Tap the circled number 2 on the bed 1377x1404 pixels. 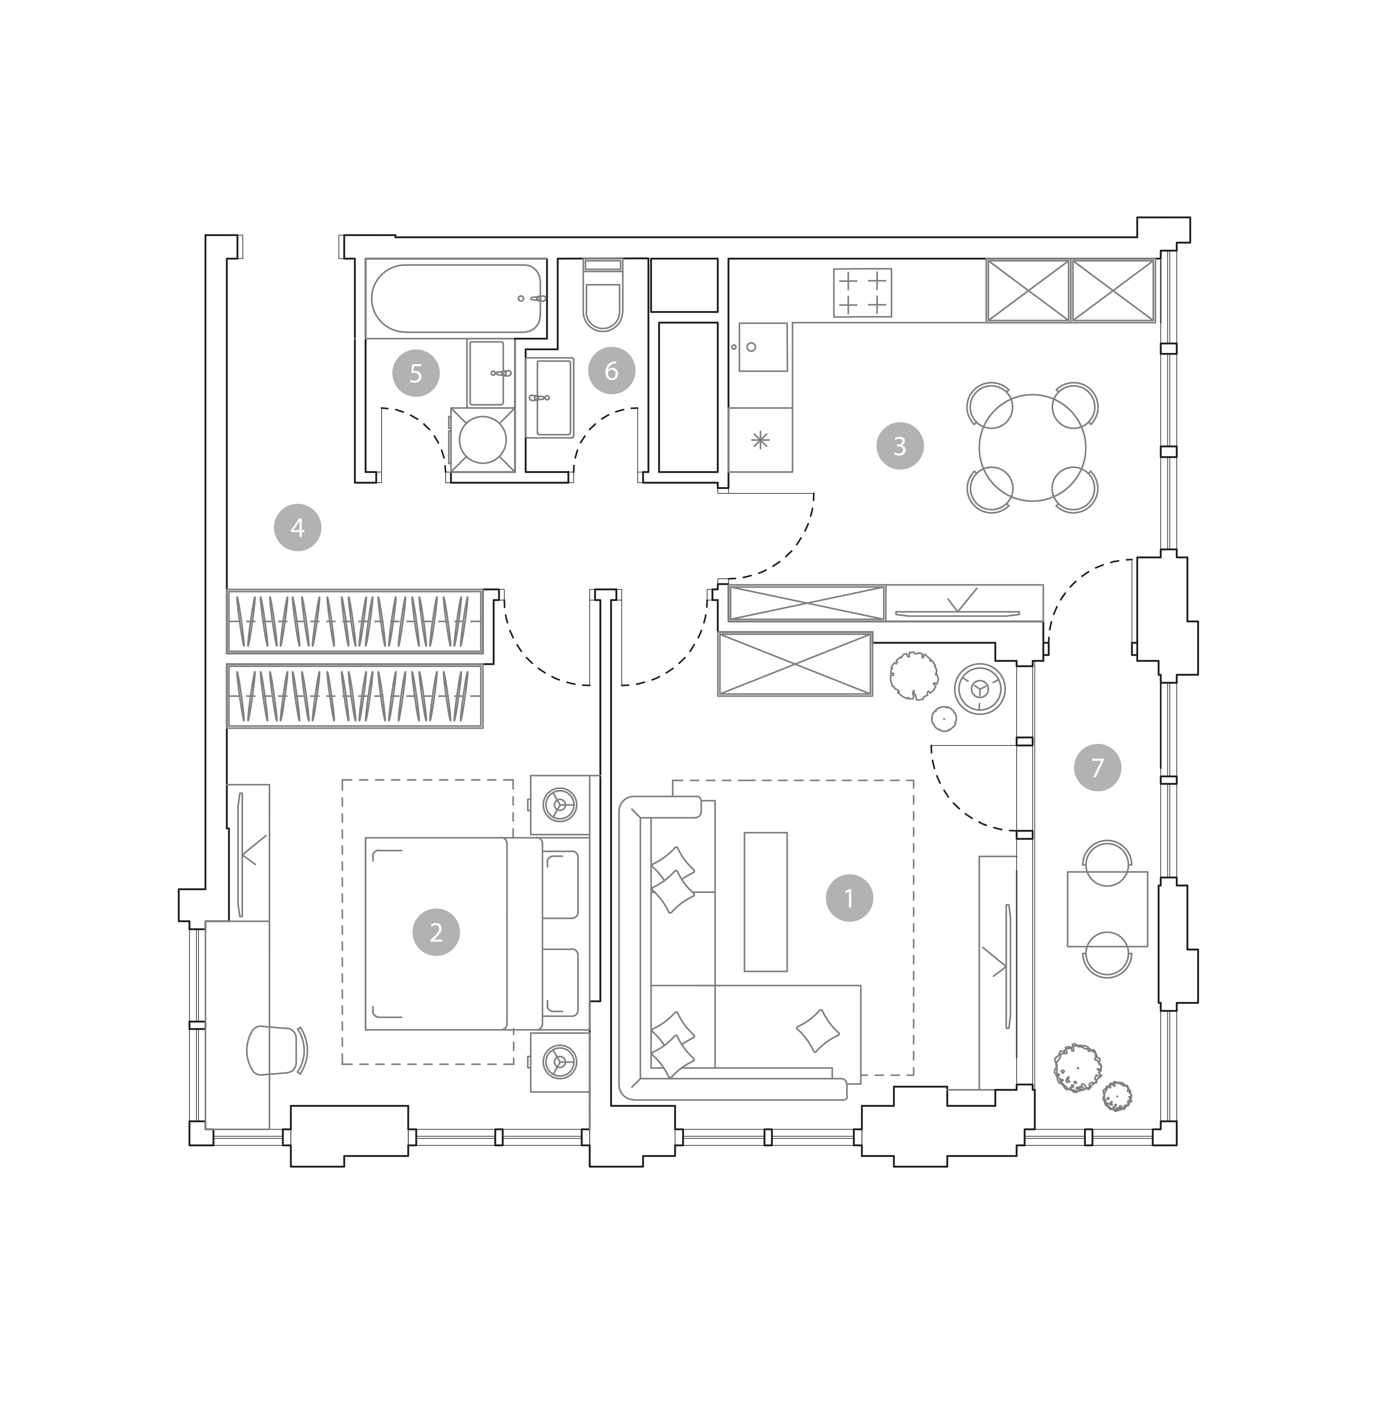436,932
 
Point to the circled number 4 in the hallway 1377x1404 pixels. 297,528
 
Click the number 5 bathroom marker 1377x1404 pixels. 416,373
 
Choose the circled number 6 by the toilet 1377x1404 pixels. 612,371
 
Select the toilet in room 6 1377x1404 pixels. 602,295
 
